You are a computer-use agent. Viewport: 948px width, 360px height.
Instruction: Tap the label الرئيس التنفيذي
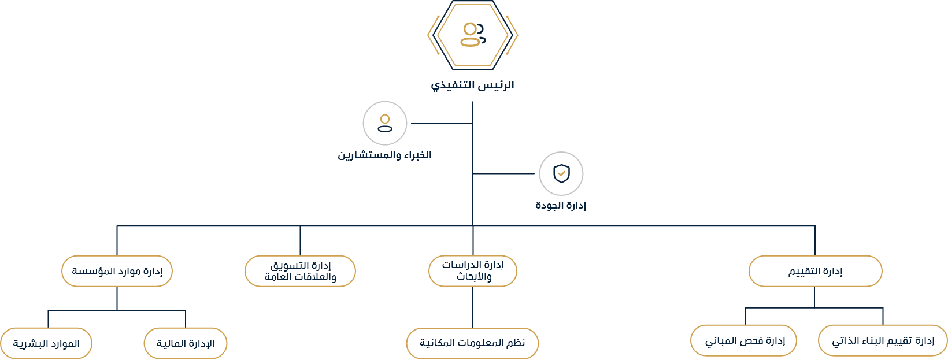tap(472, 86)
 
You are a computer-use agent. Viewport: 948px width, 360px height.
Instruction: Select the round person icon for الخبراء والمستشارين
tap(385, 123)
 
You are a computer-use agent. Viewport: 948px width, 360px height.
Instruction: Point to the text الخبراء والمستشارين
tap(384, 155)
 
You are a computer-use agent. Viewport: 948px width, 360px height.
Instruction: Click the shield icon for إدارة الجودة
tap(561, 173)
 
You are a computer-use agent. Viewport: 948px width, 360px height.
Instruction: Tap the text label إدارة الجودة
tap(561, 206)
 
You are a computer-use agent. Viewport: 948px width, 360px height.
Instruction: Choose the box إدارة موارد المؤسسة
tap(117, 271)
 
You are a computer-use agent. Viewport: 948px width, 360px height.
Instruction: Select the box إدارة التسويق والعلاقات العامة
tap(300, 271)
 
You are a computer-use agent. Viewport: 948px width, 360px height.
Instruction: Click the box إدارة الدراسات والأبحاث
tap(472, 271)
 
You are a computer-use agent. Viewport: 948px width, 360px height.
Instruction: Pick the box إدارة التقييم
tap(815, 272)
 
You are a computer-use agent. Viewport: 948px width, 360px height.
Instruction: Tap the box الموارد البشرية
tap(46, 344)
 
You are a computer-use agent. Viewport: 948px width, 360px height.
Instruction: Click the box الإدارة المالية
tap(186, 344)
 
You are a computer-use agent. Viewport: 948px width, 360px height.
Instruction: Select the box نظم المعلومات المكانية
tap(472, 343)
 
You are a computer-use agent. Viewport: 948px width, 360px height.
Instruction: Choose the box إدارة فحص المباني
tap(744, 341)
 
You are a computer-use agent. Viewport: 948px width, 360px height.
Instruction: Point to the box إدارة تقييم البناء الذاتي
tap(883, 341)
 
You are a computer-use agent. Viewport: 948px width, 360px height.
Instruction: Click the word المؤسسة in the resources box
tap(91, 271)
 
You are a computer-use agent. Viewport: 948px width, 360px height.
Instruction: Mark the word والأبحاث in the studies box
tap(474, 277)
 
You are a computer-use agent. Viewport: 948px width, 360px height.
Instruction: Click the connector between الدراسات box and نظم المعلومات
tap(473, 307)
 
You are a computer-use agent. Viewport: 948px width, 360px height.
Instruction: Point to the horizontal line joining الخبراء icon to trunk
tap(440, 123)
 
